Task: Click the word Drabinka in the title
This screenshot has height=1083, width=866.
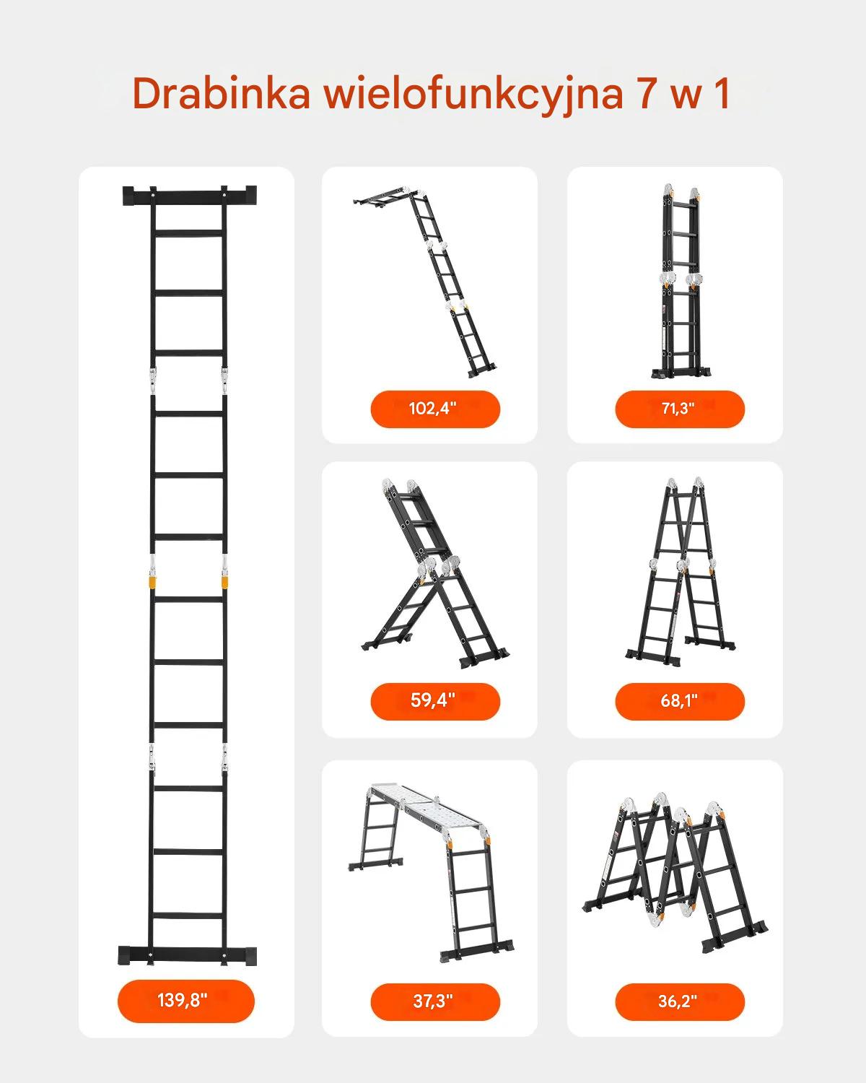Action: click(221, 94)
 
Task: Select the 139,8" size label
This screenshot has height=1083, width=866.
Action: click(183, 1000)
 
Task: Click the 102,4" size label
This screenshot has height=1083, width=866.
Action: click(433, 408)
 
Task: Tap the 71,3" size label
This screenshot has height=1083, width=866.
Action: click(678, 408)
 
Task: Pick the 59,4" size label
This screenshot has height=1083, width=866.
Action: click(433, 700)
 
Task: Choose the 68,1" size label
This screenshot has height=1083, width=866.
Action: click(679, 700)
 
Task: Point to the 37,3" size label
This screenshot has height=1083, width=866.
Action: click(433, 1001)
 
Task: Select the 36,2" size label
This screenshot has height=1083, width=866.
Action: click(678, 1001)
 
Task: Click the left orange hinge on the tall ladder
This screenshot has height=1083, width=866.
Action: click(152, 582)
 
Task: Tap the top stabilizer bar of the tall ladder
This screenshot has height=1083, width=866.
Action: click(190, 195)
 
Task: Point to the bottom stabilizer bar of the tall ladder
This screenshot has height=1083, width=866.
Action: click(187, 956)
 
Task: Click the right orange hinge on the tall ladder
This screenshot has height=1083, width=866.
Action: click(225, 582)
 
